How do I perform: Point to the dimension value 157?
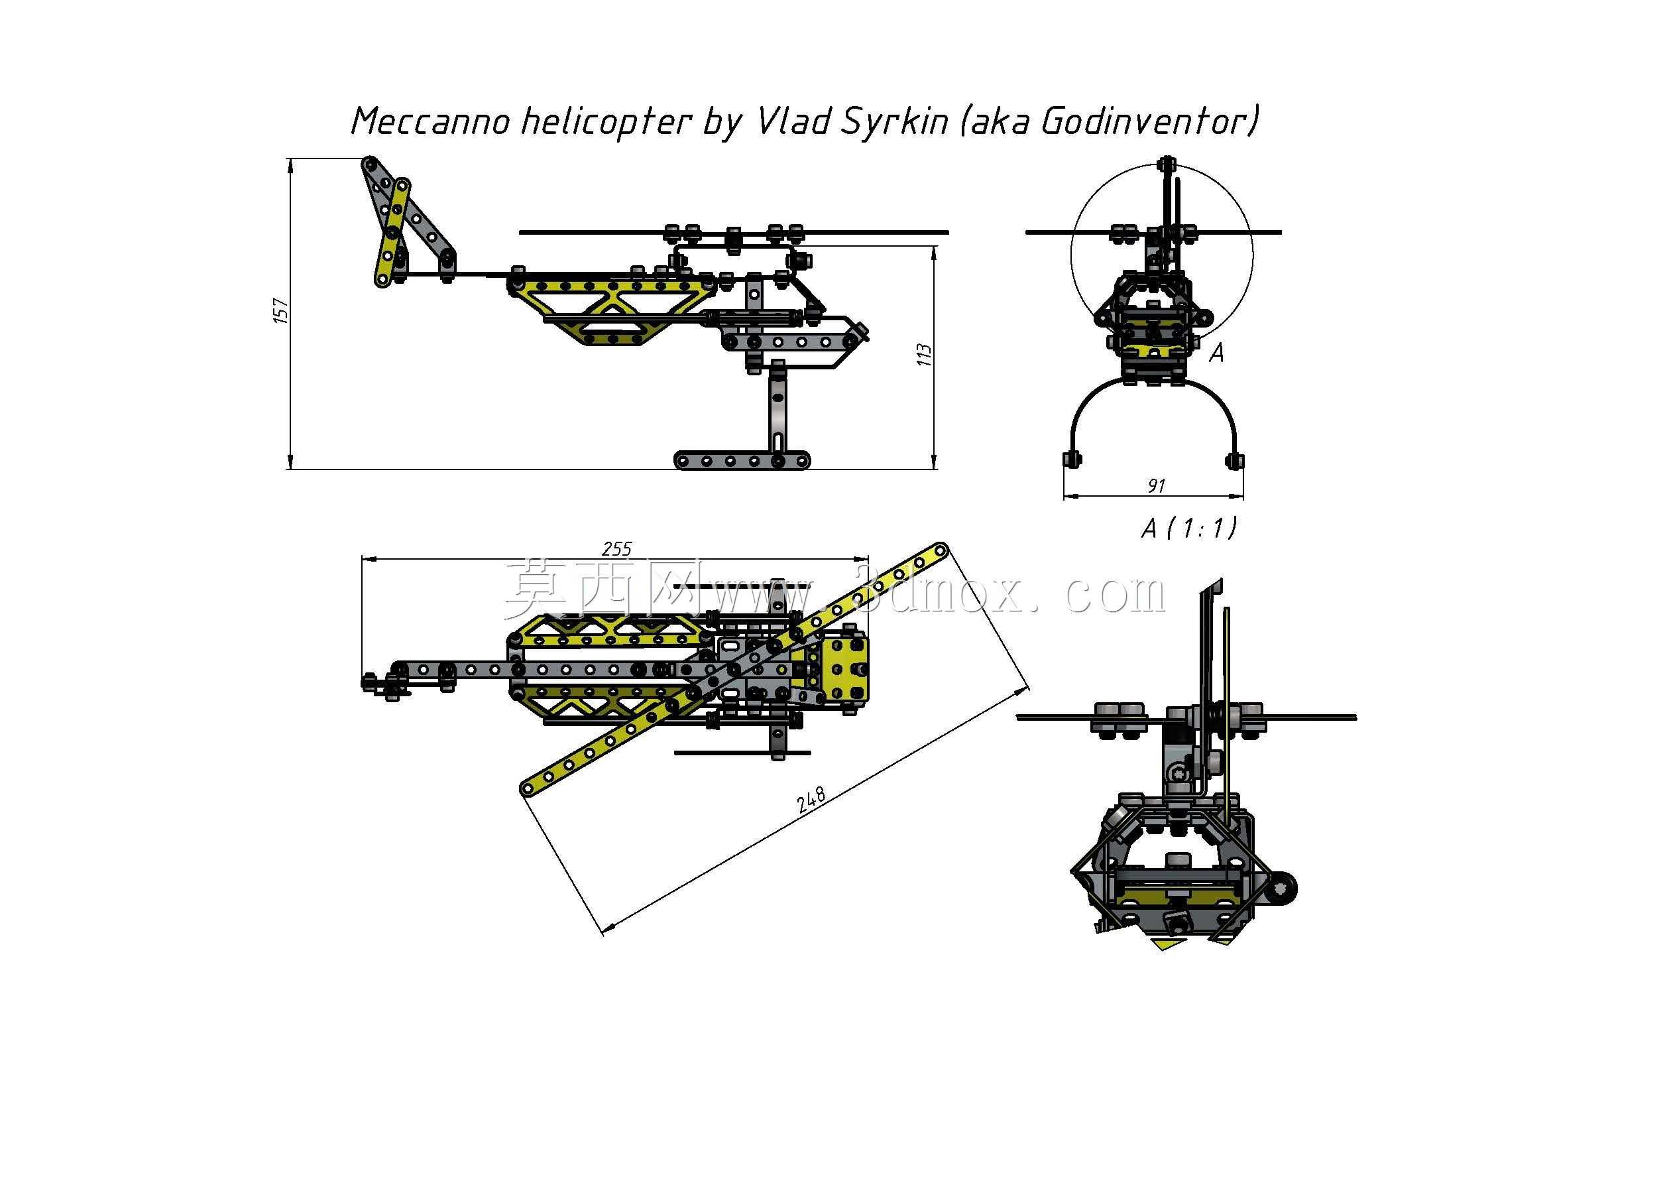tap(281, 310)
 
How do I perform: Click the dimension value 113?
tap(923, 355)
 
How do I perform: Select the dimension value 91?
tap(1157, 485)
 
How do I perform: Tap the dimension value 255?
tap(616, 548)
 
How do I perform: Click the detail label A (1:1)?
tap(1188, 528)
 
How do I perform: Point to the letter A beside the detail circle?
tap(1217, 353)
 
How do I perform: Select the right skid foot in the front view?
tap(1234, 459)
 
